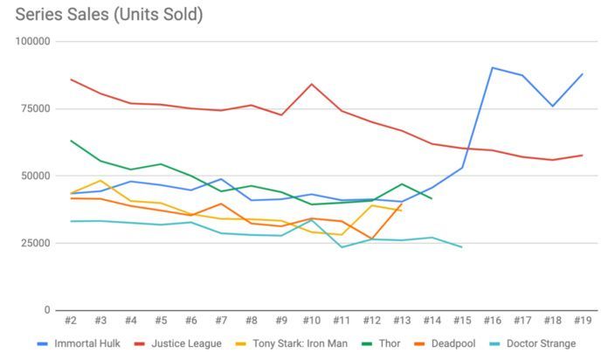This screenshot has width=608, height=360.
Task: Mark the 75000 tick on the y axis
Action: click(36, 108)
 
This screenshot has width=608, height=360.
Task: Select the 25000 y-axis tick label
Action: click(36, 243)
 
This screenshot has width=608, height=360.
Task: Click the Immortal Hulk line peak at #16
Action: click(493, 67)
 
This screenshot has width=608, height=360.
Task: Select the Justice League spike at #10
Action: click(312, 84)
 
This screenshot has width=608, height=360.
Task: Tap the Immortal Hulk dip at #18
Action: click(552, 106)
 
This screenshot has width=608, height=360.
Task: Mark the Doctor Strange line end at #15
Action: click(462, 247)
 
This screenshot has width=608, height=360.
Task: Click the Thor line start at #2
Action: click(71, 140)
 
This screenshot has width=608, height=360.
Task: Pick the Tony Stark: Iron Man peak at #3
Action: click(100, 181)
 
